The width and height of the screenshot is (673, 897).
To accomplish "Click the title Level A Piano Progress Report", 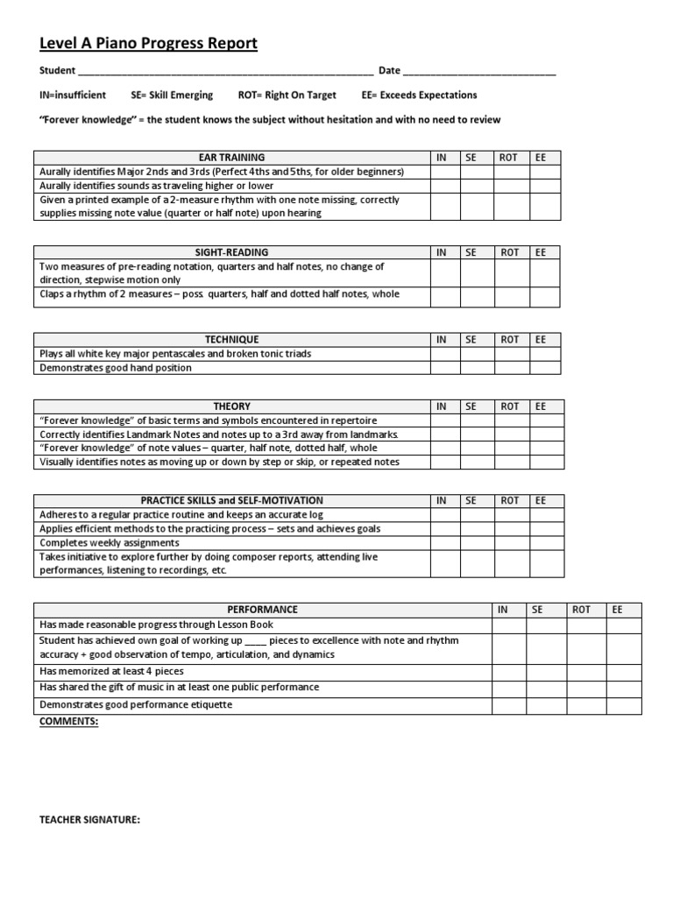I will click(x=148, y=44).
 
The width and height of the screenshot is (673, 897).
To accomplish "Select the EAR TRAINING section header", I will click(x=231, y=158).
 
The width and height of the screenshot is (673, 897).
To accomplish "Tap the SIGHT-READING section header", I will click(x=231, y=252).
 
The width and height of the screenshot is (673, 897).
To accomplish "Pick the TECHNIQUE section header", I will click(x=231, y=340).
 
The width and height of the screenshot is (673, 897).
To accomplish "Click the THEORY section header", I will click(x=231, y=406).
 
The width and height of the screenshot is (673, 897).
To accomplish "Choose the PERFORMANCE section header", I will click(x=262, y=610).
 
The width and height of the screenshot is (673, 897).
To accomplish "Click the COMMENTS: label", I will click(x=69, y=722).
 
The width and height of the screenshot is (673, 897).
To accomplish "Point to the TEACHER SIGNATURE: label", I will click(x=90, y=821).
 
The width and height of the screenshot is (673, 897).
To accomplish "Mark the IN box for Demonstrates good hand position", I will click(x=445, y=368).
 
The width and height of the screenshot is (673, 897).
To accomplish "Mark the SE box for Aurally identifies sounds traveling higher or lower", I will click(x=478, y=186).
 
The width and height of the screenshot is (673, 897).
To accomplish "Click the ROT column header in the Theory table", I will click(x=510, y=406).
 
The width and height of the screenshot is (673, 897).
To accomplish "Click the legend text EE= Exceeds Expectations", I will click(x=419, y=95).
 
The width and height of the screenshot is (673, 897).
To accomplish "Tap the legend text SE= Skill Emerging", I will click(x=172, y=95).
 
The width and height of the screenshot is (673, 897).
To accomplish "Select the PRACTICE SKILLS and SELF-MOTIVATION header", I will click(x=231, y=501).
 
